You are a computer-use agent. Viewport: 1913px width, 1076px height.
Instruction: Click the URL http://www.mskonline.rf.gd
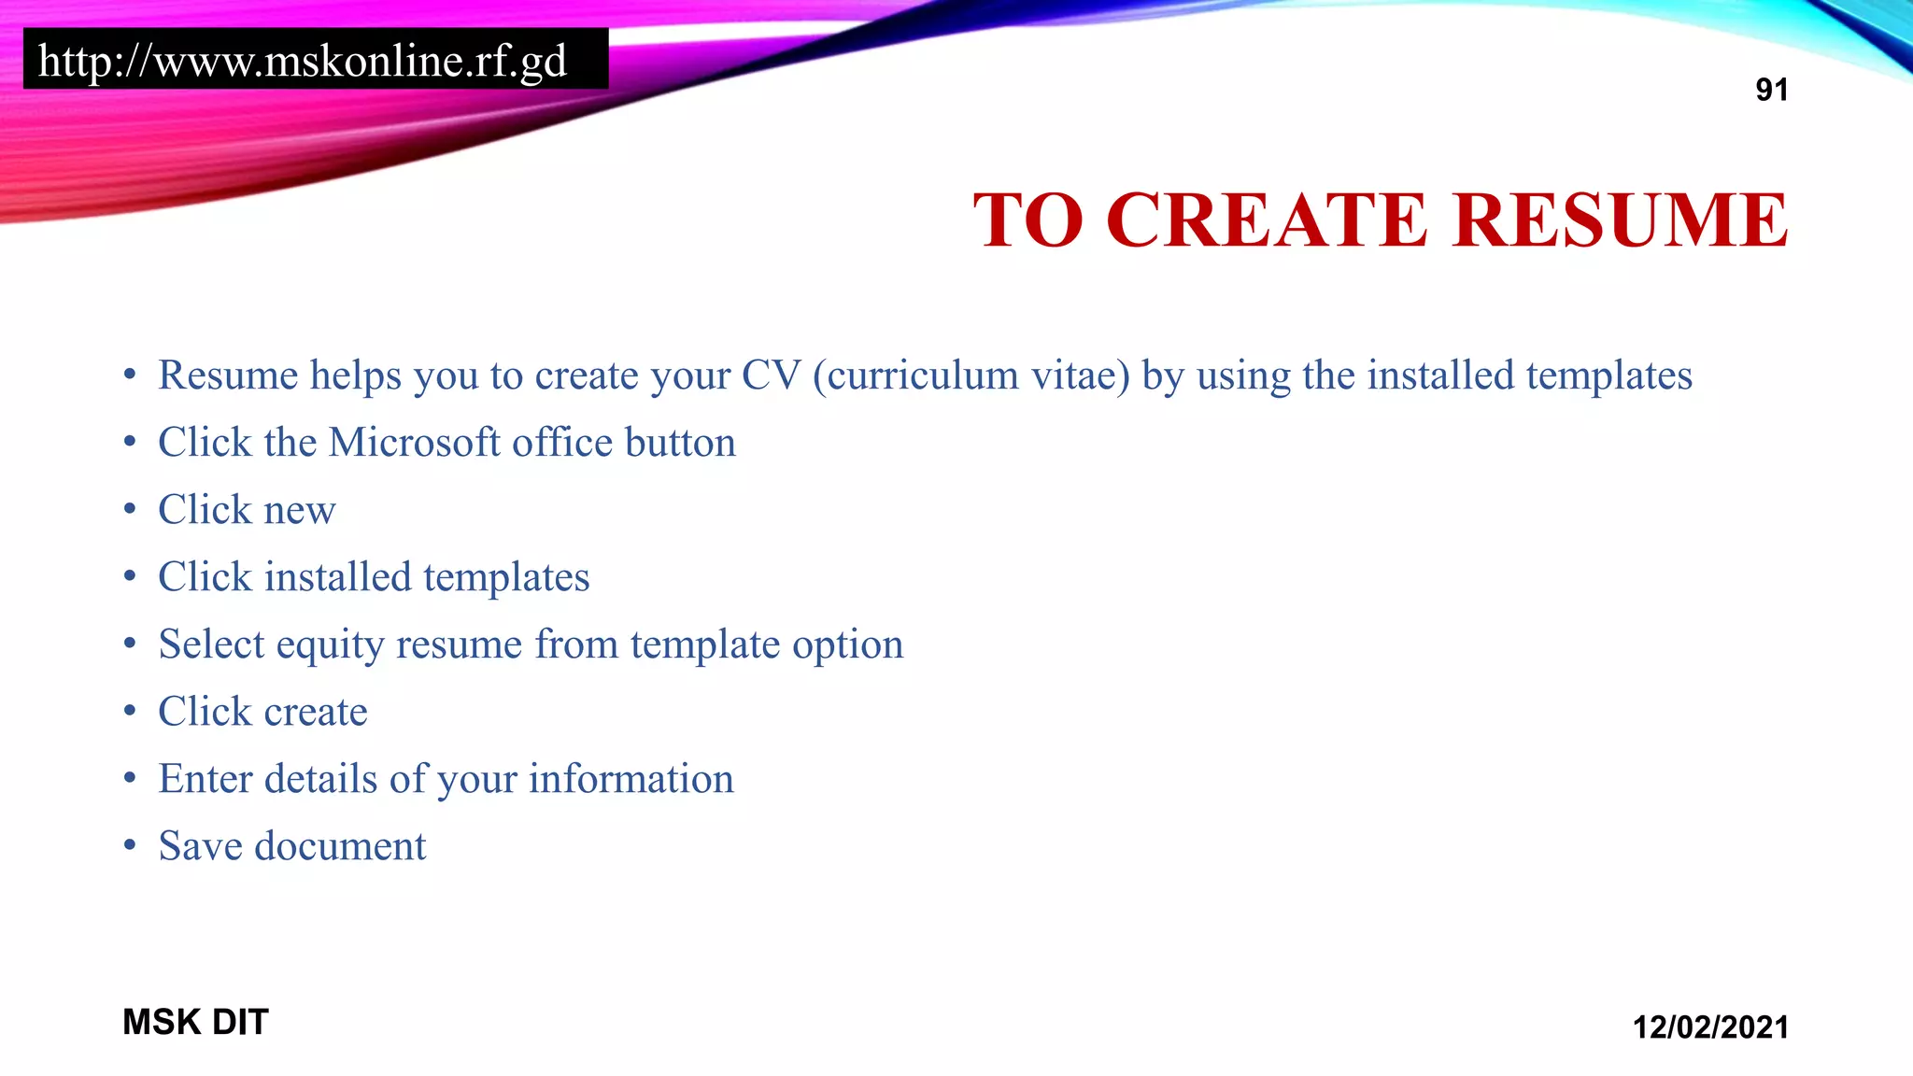click(303, 62)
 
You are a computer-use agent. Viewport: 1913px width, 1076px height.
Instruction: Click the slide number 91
click(1771, 90)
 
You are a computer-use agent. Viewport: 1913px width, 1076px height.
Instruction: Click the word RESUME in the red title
click(1620, 220)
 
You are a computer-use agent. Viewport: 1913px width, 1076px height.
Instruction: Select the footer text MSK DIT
click(195, 1022)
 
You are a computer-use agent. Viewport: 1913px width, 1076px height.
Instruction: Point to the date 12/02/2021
click(1709, 1027)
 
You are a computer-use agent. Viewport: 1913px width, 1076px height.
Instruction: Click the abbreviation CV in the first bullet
click(771, 375)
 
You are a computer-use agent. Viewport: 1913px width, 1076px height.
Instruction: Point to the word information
click(631, 779)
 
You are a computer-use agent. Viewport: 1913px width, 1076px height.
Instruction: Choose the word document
click(340, 846)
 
